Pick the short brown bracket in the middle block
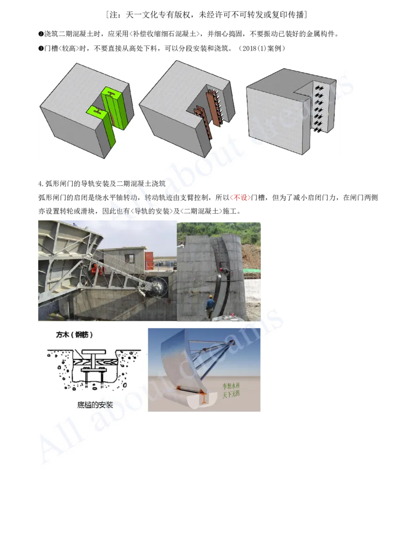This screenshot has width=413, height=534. pyautogui.click(x=198, y=110)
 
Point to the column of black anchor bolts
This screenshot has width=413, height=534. pyautogui.click(x=318, y=108)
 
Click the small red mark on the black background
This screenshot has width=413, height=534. pyautogui.click(x=240, y=198)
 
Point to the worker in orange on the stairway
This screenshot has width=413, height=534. pyautogui.click(x=95, y=267)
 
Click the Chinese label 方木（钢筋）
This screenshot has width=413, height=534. pyautogui.click(x=74, y=335)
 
